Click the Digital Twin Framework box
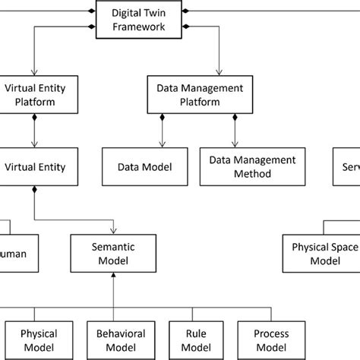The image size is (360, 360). tap(136, 21)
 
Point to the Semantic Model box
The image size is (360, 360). tap(113, 254)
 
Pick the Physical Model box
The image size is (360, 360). tap(38, 339)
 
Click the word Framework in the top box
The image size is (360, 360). tap(136, 29)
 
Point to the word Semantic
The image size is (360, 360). tap(113, 247)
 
